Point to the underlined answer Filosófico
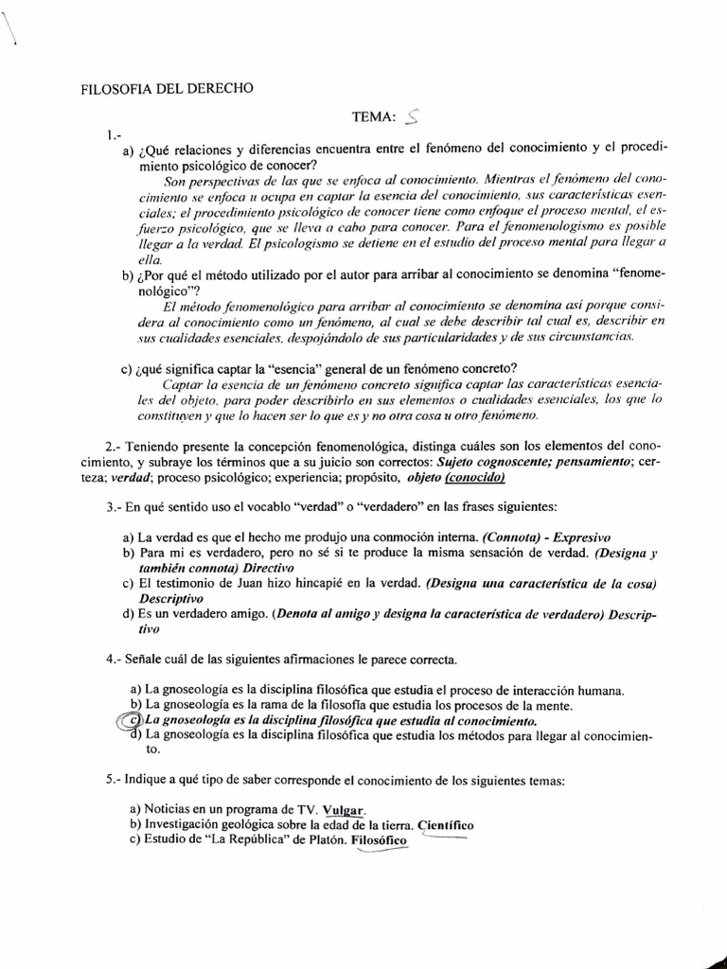tap(378, 840)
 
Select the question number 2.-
tap(115, 445)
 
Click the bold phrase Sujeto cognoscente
tap(486, 461)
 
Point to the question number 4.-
tap(115, 658)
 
